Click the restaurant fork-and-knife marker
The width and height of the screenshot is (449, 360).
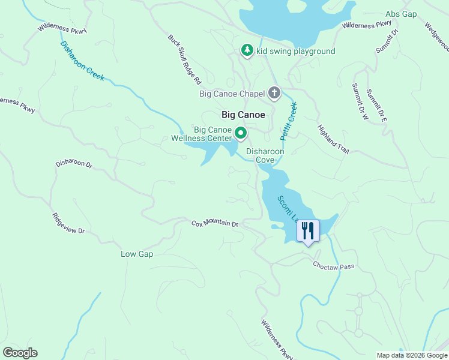[x=308, y=230]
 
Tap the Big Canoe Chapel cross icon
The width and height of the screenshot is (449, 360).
[x=274, y=93]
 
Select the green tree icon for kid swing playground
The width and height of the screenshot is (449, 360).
[x=247, y=50]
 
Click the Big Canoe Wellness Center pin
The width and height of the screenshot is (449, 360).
[x=241, y=133]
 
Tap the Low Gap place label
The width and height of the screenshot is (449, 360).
[x=137, y=254]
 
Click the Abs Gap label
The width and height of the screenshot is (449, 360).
[x=401, y=14]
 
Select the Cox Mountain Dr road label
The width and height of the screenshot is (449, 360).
[x=215, y=224]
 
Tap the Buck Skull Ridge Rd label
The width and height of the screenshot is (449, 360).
[x=183, y=58]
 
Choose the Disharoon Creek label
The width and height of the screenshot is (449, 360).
[x=82, y=61]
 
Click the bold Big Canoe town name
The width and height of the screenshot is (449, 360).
[x=243, y=115]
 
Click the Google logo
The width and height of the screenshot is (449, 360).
[x=20, y=353]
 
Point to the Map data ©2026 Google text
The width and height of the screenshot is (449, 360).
[x=411, y=355]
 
